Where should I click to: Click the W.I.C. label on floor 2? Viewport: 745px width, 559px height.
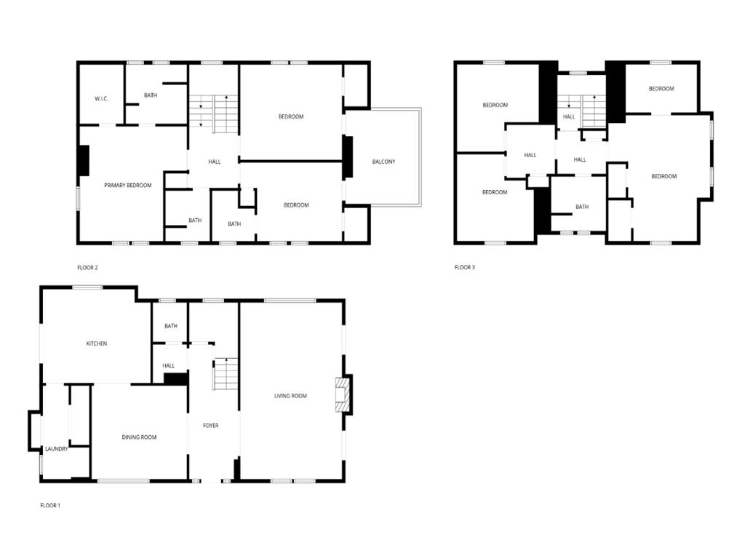click(101, 98)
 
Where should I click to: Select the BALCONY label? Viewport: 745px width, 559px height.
click(383, 162)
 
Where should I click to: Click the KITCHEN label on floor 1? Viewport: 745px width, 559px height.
click(97, 344)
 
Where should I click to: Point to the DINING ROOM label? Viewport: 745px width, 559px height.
click(139, 437)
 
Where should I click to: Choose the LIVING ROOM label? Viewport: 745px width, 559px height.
click(290, 396)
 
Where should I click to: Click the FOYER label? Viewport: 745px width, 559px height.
click(211, 426)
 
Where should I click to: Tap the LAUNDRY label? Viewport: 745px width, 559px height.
click(56, 449)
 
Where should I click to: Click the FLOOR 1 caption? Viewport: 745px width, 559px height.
click(50, 505)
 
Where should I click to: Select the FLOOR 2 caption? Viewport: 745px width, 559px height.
click(87, 268)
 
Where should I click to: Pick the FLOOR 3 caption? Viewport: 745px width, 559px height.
click(465, 268)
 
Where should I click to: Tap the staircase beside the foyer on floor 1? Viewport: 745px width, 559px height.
click(226, 373)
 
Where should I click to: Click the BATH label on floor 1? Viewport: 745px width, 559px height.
click(171, 326)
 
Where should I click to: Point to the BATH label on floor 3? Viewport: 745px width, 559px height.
click(582, 207)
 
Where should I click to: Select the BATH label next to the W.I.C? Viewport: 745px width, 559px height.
click(151, 95)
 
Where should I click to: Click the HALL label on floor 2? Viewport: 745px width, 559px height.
click(215, 162)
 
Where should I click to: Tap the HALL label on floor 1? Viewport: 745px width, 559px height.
click(169, 365)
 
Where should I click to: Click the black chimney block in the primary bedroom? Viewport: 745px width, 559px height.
click(84, 161)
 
